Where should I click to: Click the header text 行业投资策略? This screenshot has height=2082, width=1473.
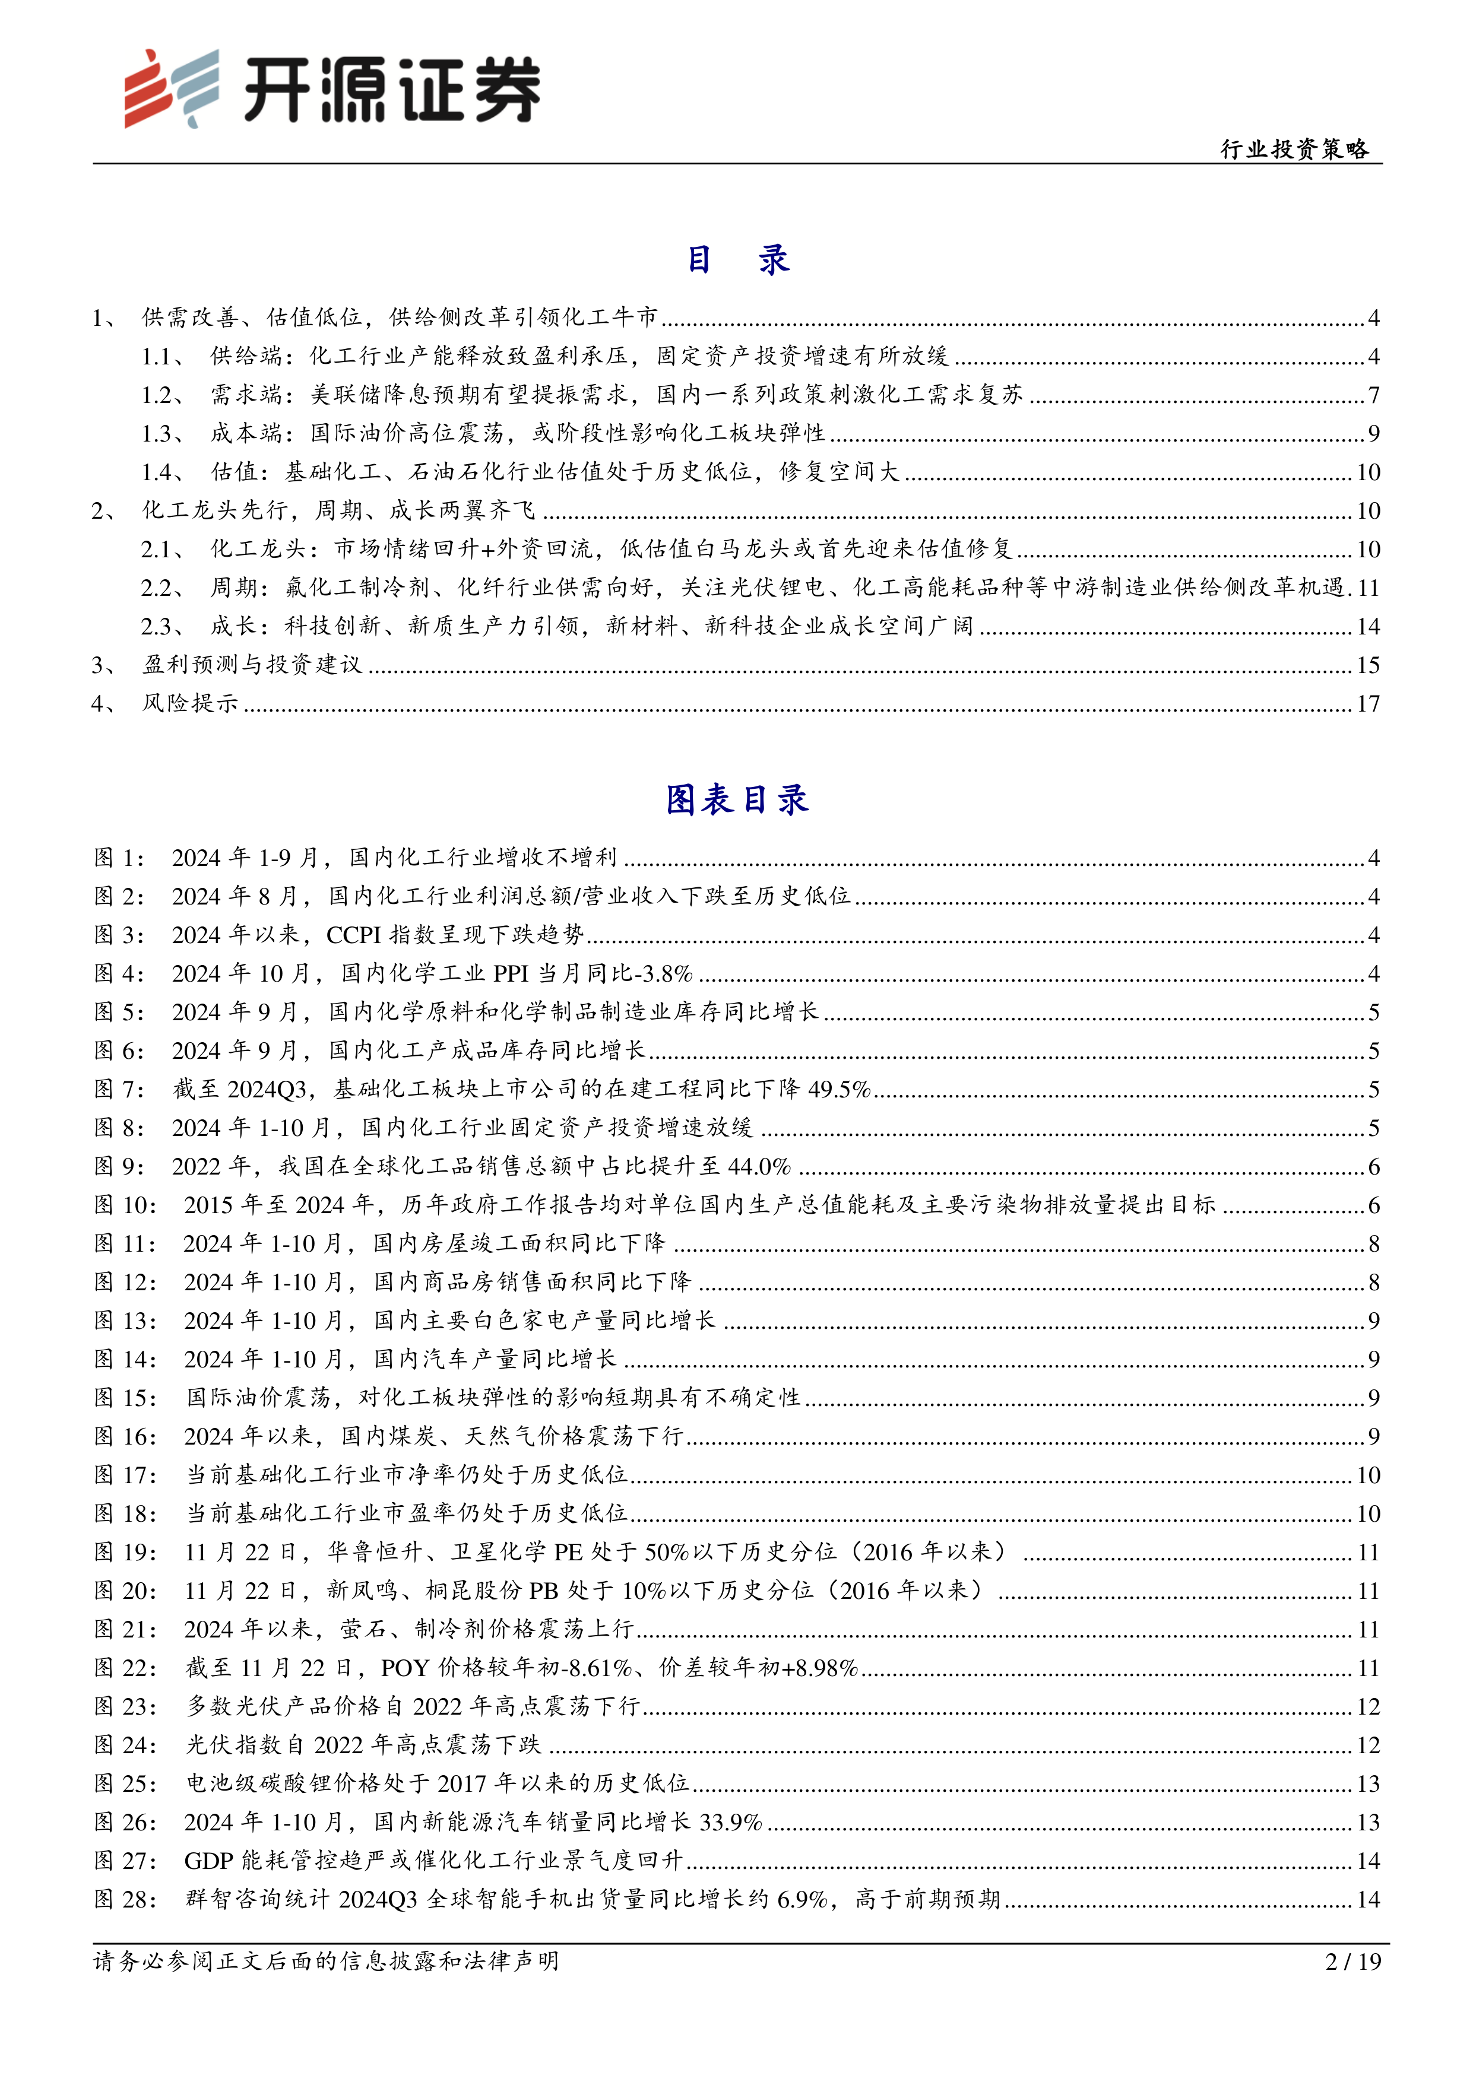pyautogui.click(x=1294, y=149)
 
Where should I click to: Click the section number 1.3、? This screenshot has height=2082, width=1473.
pyautogui.click(x=162, y=433)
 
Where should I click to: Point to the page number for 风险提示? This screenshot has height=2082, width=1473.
pyautogui.click(x=1368, y=704)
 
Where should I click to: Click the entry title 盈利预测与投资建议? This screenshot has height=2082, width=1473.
pyautogui.click(x=252, y=665)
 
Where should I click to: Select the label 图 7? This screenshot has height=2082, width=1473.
pyautogui.click(x=120, y=1089)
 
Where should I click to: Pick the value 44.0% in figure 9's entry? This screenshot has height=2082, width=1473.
pyautogui.click(x=759, y=1166)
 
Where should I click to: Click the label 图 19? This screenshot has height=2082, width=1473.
pyautogui.click(x=125, y=1553)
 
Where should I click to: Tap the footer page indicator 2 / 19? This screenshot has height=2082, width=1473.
pyautogui.click(x=1352, y=1962)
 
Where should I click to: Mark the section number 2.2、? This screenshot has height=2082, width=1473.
pyautogui.click(x=162, y=588)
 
